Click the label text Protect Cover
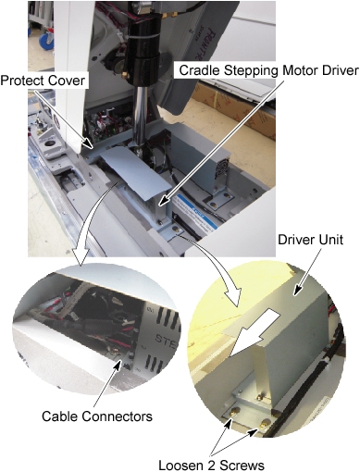(43, 81)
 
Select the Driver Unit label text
(310, 240)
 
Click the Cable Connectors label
(97, 416)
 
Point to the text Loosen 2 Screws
(211, 465)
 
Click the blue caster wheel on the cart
(47, 41)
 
